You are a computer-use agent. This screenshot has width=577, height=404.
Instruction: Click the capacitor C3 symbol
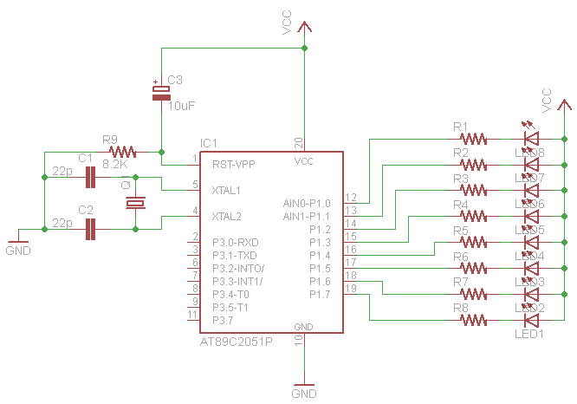[x=161, y=93]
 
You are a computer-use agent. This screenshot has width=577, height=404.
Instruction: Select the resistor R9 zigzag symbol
[x=123, y=152]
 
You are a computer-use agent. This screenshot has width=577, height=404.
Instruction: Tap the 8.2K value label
[x=115, y=163]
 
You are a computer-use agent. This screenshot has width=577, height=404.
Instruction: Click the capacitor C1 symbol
[x=90, y=179]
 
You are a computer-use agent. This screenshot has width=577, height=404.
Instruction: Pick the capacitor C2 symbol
[x=90, y=230]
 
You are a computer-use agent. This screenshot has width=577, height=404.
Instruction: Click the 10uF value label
[x=181, y=106]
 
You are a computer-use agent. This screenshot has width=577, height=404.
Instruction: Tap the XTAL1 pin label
[x=227, y=189]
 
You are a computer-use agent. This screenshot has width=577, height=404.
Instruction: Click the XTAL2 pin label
[x=227, y=216]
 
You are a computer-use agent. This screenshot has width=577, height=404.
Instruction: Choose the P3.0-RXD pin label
[x=236, y=242]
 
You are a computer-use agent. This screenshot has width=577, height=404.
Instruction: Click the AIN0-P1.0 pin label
[x=307, y=203]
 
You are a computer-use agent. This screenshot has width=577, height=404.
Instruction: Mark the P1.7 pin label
[x=319, y=295]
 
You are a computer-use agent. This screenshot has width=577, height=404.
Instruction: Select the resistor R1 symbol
[x=474, y=138]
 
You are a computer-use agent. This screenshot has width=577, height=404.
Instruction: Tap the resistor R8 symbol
[x=474, y=320]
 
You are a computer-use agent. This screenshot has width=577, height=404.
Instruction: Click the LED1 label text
[x=530, y=334]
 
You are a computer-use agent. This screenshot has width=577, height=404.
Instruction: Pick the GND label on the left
[x=18, y=251]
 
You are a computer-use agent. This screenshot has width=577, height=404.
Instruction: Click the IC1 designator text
[x=208, y=143]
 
